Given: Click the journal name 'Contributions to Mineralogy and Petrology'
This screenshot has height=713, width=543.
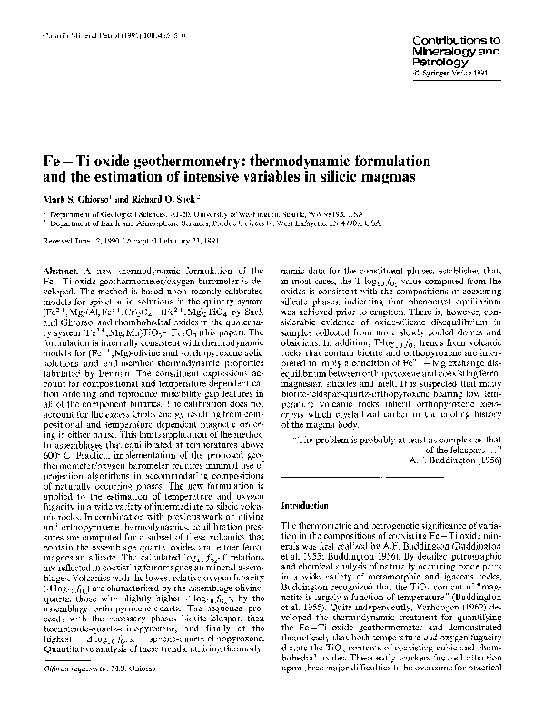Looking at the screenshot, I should [455, 53].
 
